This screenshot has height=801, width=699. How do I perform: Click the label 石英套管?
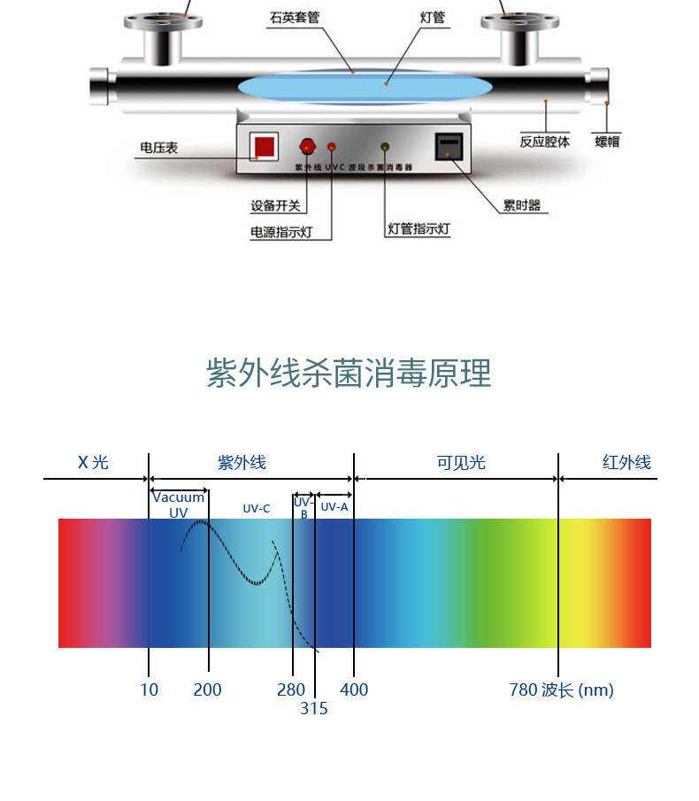click(295, 17)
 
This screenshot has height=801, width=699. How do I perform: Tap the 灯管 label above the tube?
click(433, 17)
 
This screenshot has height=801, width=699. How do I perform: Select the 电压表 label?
click(159, 148)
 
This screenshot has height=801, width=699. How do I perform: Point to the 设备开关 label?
click(275, 206)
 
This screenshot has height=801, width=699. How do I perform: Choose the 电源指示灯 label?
click(279, 233)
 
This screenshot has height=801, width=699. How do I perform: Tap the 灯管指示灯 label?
click(419, 228)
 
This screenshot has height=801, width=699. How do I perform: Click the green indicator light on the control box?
click(385, 147)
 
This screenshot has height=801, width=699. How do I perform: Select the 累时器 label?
click(521, 206)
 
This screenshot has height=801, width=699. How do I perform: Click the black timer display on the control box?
click(448, 146)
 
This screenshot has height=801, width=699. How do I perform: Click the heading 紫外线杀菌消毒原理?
click(349, 374)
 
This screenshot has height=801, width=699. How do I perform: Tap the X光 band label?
click(93, 462)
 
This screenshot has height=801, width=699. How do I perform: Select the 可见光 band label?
click(461, 463)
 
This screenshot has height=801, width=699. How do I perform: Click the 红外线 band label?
click(626, 462)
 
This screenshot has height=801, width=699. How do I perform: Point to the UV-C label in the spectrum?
click(257, 508)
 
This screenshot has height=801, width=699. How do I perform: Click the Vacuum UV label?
click(179, 504)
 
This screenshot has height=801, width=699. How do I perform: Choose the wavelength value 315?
click(313, 708)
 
